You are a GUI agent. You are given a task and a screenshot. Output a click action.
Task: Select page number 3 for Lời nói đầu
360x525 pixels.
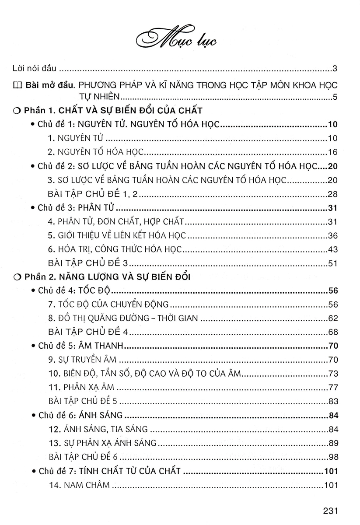pos(334,69)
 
